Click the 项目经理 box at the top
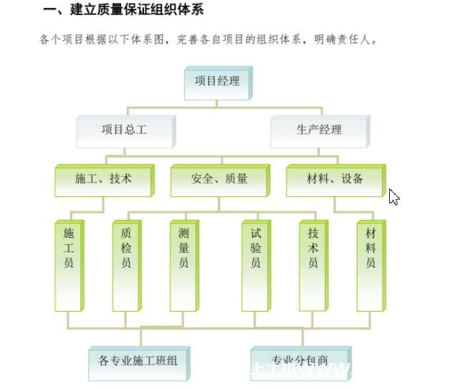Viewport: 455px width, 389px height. [216, 81]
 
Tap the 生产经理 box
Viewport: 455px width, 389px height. [319, 130]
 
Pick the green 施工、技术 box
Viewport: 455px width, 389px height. [103, 178]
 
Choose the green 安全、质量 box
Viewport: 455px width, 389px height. [219, 178]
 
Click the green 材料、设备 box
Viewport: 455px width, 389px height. [335, 178]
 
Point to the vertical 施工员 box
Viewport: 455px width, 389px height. [69, 264]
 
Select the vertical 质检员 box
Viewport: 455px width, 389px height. [126, 264]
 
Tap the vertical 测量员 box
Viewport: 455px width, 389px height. [183, 264]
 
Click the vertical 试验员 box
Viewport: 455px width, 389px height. [256, 264]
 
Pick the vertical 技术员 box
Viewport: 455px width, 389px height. [313, 264]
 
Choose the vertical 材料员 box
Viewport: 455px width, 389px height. [370, 264]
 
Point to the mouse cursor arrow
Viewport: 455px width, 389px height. [393, 196]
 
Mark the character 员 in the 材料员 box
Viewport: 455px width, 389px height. [370, 263]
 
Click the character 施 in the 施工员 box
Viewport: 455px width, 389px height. [69, 233]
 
